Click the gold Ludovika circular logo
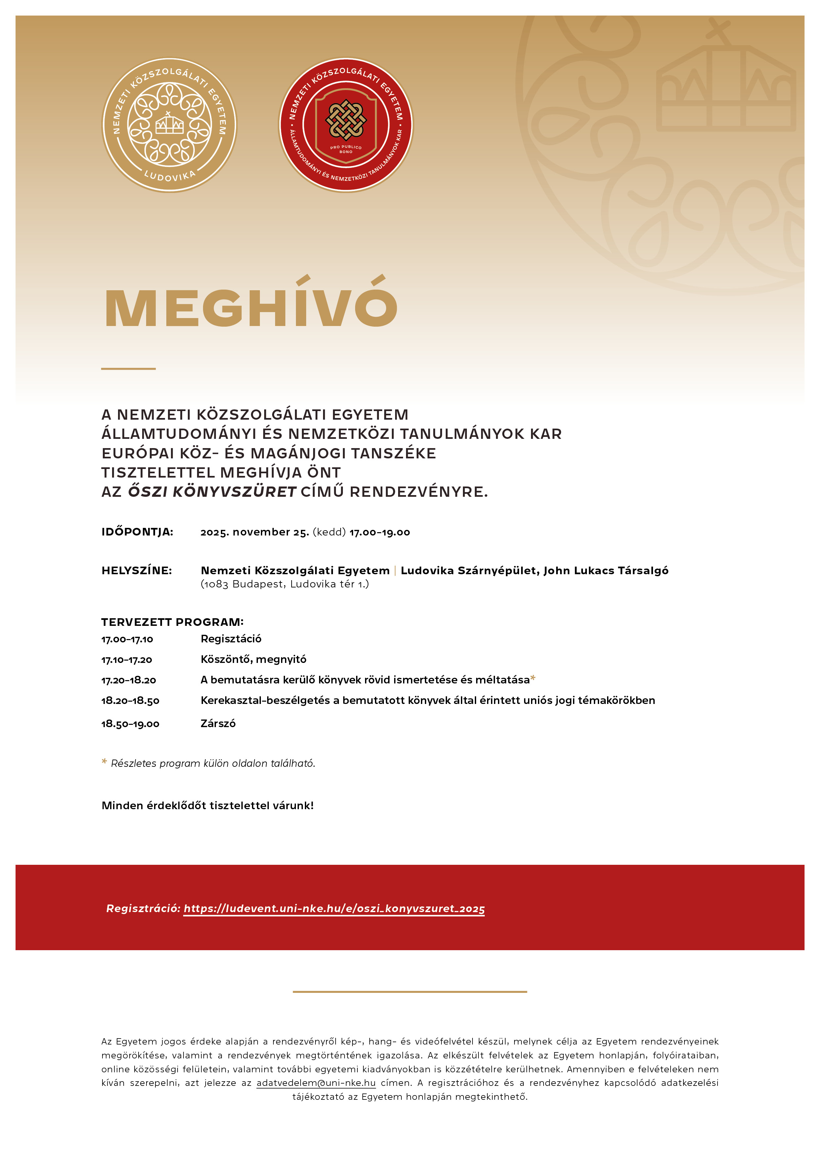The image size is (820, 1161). (169, 125)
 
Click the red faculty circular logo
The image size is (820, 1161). (346, 125)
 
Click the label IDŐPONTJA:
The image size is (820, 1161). (138, 532)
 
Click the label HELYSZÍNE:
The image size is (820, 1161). (137, 570)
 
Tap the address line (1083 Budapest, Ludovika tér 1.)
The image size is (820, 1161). (284, 584)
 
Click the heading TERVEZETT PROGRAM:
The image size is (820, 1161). (172, 622)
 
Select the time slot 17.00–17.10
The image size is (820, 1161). (127, 639)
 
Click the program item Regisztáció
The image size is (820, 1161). (231, 639)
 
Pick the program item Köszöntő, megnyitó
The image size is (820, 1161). (253, 659)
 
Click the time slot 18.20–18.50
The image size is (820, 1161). (130, 701)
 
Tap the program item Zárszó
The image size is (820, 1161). (218, 723)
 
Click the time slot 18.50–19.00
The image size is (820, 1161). (130, 724)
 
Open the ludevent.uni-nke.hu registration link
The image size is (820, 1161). (334, 909)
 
